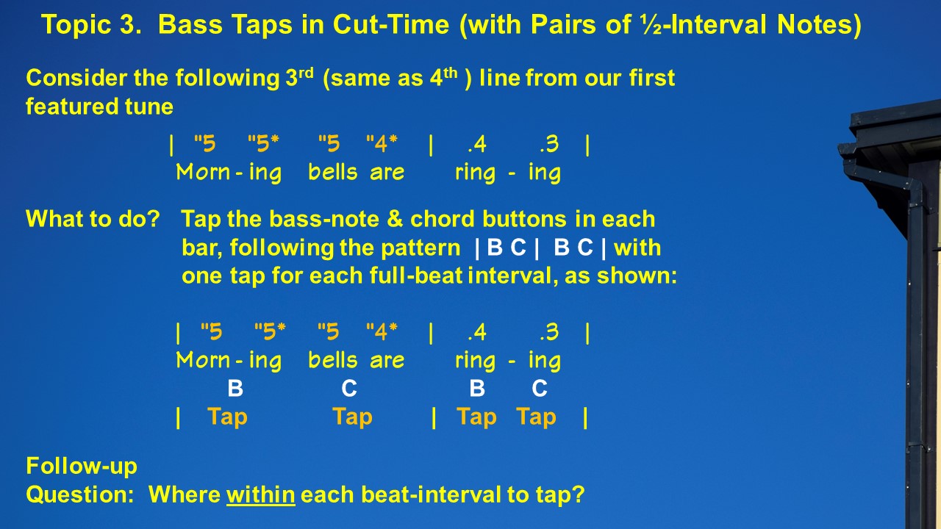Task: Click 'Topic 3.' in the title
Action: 91,24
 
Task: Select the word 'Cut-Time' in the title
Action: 390,24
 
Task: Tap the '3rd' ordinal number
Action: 299,77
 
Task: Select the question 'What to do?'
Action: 93,219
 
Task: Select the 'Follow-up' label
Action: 82,467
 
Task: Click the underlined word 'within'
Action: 260,494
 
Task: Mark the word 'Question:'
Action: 80,494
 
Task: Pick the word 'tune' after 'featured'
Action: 149,107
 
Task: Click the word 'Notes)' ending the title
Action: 819,24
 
